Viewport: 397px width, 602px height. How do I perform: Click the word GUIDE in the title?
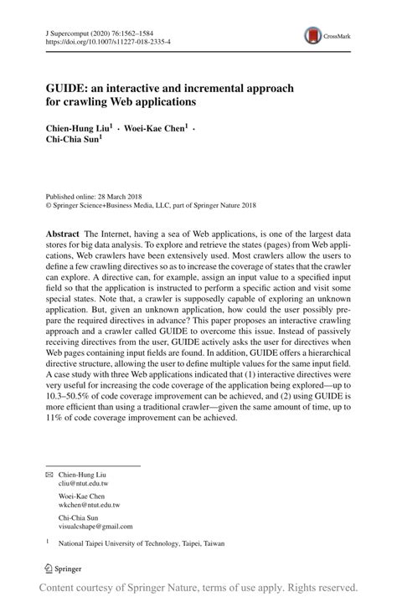[x=67, y=86]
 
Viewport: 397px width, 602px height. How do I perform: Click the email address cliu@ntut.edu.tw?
[x=84, y=483]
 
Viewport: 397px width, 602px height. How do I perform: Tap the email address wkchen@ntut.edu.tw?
[x=90, y=505]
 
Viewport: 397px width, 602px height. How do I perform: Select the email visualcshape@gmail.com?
[x=95, y=526]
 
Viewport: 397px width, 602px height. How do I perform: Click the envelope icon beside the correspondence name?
[x=49, y=475]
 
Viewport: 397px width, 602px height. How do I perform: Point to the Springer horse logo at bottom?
[x=49, y=568]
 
